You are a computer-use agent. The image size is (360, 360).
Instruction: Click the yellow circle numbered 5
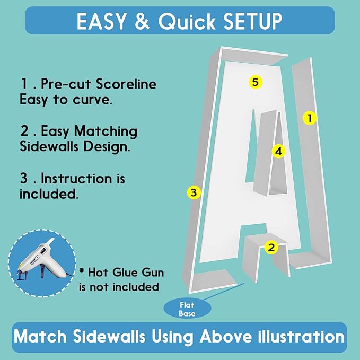tap(256, 82)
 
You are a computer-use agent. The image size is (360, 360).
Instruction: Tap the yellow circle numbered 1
tap(310, 118)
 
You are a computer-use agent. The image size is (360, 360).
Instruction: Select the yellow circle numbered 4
tap(278, 151)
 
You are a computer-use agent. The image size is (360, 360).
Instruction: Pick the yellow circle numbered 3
tap(194, 192)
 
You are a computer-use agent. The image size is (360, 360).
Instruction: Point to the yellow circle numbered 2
tap(271, 248)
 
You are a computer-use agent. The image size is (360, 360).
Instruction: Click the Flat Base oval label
tap(187, 309)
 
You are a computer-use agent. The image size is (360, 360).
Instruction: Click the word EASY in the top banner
tap(101, 21)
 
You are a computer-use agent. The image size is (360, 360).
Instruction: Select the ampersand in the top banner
tap(142, 21)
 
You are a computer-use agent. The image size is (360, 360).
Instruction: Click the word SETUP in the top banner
tap(252, 21)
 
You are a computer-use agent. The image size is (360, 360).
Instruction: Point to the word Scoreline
tap(126, 84)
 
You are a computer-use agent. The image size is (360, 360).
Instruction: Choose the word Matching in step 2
tap(106, 131)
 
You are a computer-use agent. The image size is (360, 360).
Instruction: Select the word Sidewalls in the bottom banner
tap(109, 337)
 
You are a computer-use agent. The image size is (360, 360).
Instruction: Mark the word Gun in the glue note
tap(153, 273)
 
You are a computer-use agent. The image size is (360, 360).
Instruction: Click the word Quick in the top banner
tap(187, 21)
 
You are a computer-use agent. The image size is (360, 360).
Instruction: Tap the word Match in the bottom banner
tap(40, 337)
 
